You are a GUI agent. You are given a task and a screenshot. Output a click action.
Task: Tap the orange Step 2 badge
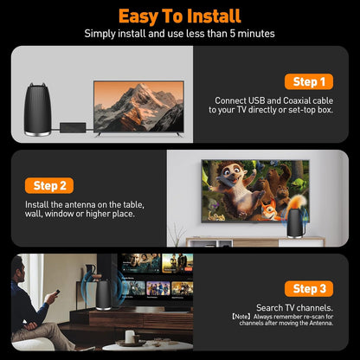(x=54, y=185)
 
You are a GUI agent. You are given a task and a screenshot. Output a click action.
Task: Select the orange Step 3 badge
(x=309, y=289)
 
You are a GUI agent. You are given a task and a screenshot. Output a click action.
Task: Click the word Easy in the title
(x=140, y=16)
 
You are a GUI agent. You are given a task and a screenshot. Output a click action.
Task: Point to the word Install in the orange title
(x=211, y=16)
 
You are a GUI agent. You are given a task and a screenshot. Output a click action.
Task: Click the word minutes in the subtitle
(x=251, y=33)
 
